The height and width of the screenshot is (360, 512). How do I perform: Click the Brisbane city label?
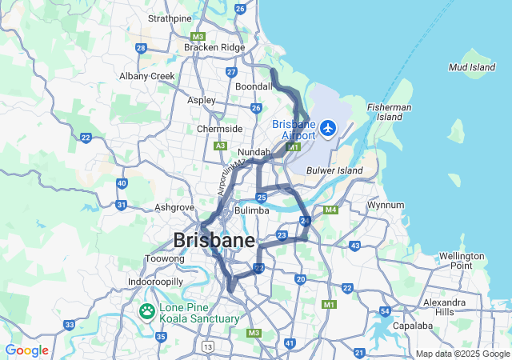pyautogui.click(x=214, y=240)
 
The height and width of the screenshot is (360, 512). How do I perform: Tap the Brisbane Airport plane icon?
pyautogui.click(x=327, y=128)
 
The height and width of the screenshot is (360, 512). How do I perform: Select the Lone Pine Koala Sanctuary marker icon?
pyautogui.click(x=147, y=311)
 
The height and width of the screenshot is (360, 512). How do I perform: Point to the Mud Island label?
pyautogui.click(x=471, y=68)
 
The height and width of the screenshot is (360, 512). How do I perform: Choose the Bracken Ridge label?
pyautogui.click(x=214, y=48)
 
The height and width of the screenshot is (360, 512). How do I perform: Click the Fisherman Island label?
pyautogui.click(x=390, y=112)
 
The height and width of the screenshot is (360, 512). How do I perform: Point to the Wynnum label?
pyautogui.click(x=386, y=205)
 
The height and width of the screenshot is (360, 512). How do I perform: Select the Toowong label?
pyautogui.click(x=164, y=258)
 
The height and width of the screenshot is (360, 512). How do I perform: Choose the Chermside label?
pyautogui.click(x=219, y=129)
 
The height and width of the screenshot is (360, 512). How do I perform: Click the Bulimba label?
pyautogui.click(x=253, y=211)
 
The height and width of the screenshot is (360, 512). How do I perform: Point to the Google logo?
pyautogui.click(x=26, y=350)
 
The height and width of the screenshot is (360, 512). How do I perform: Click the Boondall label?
pyautogui.click(x=254, y=86)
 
